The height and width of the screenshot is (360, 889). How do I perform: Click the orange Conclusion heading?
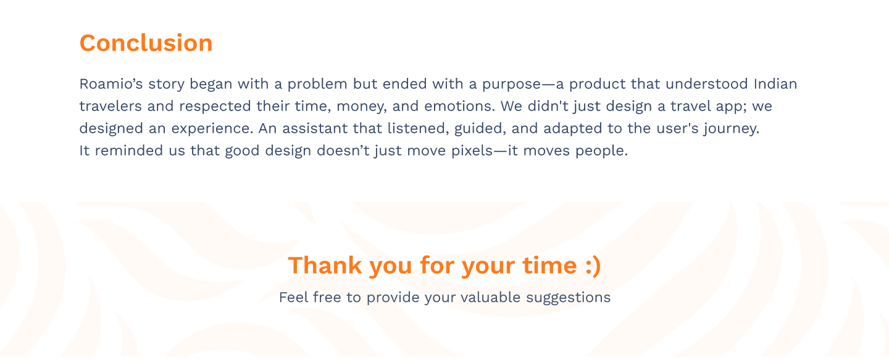146,43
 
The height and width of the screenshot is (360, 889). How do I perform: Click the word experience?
212,129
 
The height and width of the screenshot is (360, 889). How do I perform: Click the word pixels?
472,151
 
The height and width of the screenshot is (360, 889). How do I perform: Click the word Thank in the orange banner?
325,265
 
